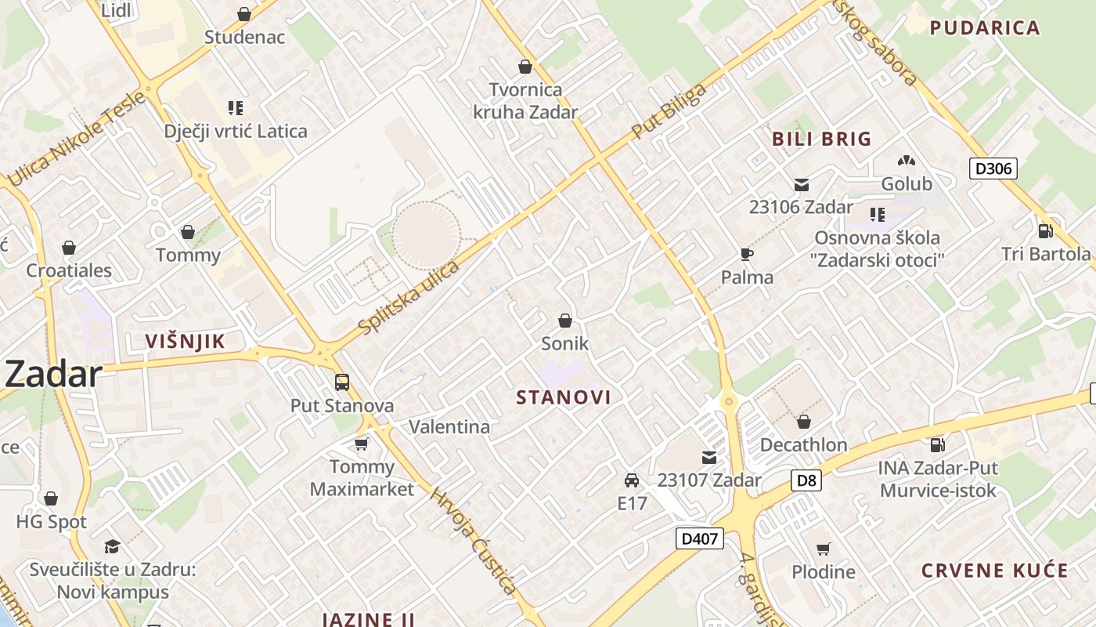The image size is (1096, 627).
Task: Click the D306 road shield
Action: [x=993, y=168]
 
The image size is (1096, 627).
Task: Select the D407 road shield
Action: [x=699, y=538]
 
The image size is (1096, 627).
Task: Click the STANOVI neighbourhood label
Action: [x=564, y=397]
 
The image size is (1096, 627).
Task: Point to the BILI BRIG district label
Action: [x=821, y=140]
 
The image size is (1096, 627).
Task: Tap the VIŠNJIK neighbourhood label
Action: [x=186, y=341]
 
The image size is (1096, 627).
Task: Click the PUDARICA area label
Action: [x=985, y=28]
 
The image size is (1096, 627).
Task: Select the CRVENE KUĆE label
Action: [x=994, y=571]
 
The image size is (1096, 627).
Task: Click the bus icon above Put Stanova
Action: [x=342, y=382]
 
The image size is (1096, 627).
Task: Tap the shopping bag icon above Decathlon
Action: [x=803, y=422]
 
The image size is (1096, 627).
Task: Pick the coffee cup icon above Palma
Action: [x=747, y=254]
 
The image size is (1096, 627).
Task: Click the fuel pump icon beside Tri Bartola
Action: [x=1044, y=231]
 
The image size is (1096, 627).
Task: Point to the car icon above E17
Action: [x=632, y=480]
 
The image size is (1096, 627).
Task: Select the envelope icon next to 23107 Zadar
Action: [x=709, y=458]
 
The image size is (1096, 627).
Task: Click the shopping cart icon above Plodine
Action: [x=823, y=549]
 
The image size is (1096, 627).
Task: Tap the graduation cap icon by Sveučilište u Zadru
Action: [x=113, y=546]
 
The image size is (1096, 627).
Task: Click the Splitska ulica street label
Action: [x=409, y=296]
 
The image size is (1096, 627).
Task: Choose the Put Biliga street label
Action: [x=669, y=110]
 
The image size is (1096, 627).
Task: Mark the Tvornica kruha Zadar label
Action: [x=525, y=100]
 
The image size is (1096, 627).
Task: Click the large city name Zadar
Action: [x=53, y=375]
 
